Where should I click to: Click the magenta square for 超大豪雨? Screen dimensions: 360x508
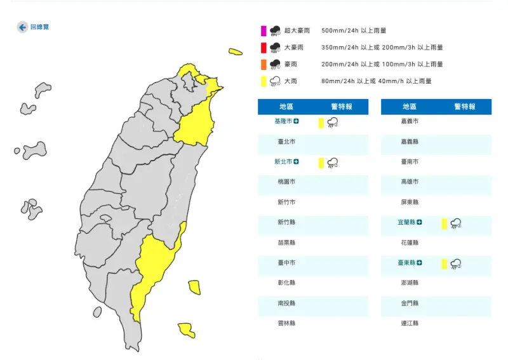pyautogui.click(x=263, y=30)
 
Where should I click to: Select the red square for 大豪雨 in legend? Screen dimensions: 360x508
pyautogui.click(x=263, y=48)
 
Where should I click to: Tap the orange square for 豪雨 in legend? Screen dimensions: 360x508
pyautogui.click(x=263, y=64)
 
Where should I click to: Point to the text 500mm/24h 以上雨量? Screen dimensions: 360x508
pyautogui.click(x=354, y=30)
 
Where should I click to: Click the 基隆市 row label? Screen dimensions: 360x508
pyautogui.click(x=283, y=121)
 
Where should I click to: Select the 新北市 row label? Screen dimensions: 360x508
pyautogui.click(x=283, y=162)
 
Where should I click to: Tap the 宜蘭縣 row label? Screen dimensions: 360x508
pyautogui.click(x=407, y=222)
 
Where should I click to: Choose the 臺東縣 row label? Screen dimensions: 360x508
pyautogui.click(x=407, y=263)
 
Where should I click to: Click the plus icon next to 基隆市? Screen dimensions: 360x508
pyautogui.click(x=296, y=121)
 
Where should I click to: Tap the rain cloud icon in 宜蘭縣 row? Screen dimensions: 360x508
pyautogui.click(x=455, y=223)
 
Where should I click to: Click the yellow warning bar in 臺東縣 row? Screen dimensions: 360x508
pyautogui.click(x=444, y=263)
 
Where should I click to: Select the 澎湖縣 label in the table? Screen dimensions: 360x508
pyautogui.click(x=410, y=283)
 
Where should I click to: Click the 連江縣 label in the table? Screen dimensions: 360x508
pyautogui.click(x=410, y=323)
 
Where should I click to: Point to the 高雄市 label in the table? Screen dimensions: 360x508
pyautogui.click(x=410, y=182)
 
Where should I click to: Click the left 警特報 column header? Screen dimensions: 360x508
pyautogui.click(x=341, y=107)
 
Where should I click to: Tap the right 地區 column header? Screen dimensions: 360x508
pyautogui.click(x=410, y=107)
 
